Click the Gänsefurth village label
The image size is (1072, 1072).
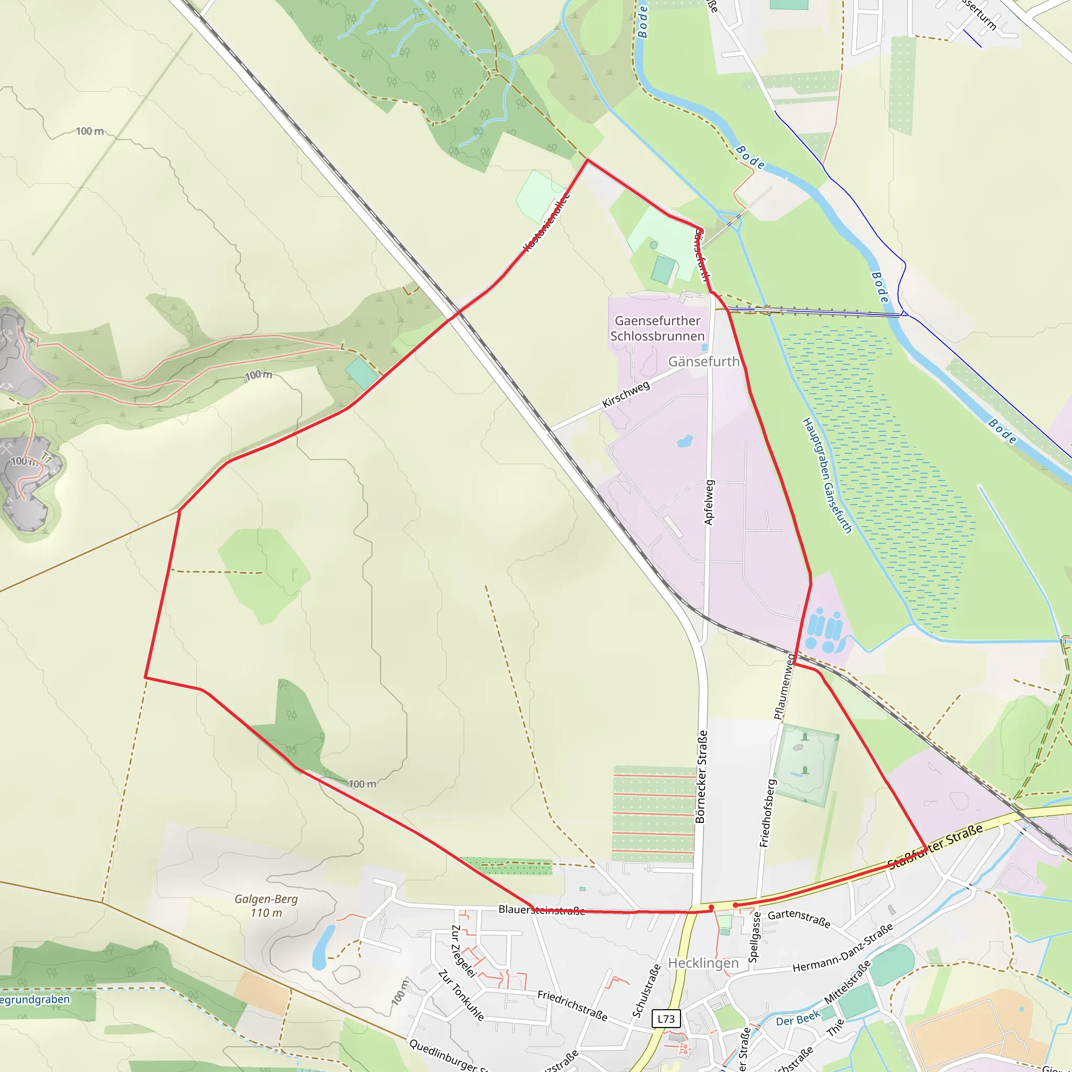click(703, 362)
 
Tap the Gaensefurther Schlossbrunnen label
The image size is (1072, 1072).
click(657, 329)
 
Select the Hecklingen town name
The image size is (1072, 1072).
click(703, 963)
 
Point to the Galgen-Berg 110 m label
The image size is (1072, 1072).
click(266, 906)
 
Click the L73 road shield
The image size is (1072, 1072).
click(666, 1019)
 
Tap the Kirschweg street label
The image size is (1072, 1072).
click(626, 394)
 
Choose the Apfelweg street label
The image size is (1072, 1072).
click(709, 502)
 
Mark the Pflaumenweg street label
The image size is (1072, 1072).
click(784, 686)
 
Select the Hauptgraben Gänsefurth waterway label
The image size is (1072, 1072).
click(827, 476)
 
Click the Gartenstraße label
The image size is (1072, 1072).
click(799, 919)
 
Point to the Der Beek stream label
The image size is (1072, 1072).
click(798, 1020)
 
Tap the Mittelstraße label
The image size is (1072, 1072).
click(847, 982)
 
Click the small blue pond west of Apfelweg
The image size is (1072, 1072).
click(685, 442)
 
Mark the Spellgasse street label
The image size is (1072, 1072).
click(754, 937)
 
